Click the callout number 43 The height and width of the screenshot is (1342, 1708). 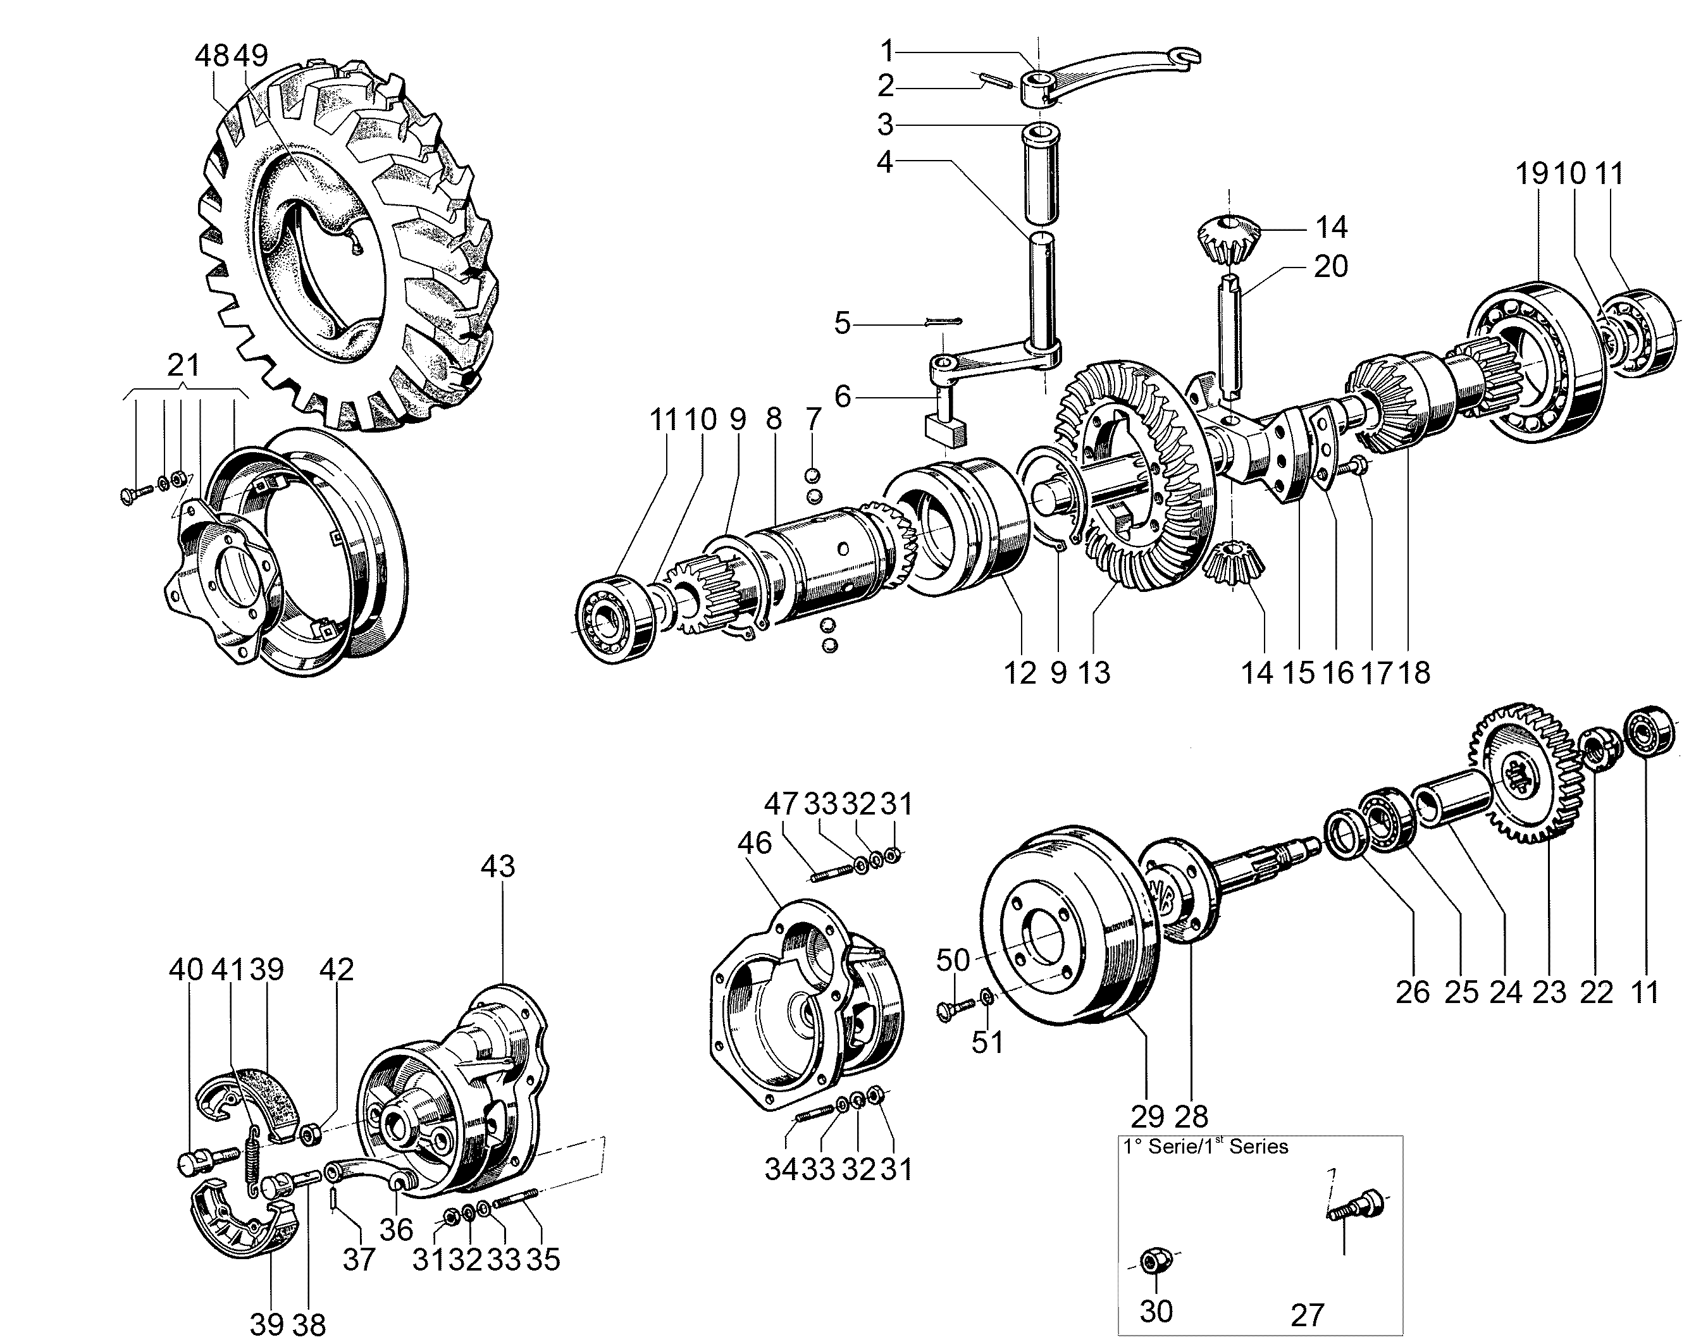click(498, 866)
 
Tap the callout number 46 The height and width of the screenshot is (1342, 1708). click(755, 843)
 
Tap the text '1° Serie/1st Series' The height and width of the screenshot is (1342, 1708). click(1206, 1147)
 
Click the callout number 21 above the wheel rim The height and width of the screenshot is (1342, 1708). click(183, 366)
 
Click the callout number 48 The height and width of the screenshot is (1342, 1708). click(212, 55)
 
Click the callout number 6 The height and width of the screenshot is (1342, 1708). click(843, 397)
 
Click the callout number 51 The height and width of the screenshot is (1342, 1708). click(987, 1043)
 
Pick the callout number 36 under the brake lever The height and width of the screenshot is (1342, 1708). click(395, 1229)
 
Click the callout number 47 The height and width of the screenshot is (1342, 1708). click(781, 804)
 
